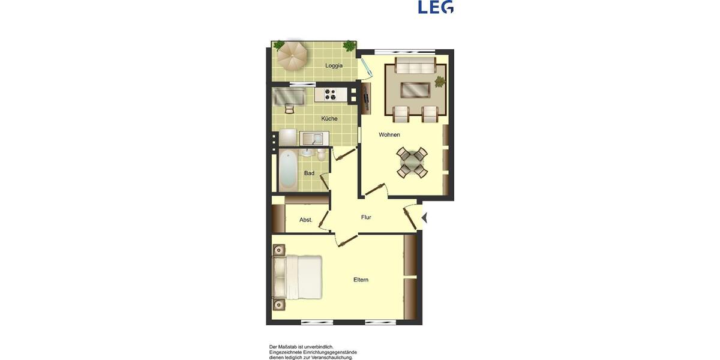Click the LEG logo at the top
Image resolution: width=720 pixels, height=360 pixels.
436,7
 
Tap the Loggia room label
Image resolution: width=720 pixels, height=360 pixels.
334,65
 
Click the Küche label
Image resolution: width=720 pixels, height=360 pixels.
329,119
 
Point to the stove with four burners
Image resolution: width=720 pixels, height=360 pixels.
331,94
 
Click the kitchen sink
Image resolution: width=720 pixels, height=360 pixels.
313,139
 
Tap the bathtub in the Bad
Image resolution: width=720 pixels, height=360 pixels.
288,169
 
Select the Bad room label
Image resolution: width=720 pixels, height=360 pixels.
309,173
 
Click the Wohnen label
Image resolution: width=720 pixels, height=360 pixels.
389,135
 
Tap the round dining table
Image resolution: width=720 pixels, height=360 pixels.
412,161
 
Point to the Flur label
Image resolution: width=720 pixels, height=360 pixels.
366,217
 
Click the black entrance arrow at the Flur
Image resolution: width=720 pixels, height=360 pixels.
425,218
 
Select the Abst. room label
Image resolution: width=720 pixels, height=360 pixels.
306,220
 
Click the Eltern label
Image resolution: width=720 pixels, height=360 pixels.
361,280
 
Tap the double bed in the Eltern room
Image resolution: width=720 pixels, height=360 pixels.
298,277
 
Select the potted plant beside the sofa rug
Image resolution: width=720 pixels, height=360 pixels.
440,82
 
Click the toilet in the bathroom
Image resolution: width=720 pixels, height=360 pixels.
322,155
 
